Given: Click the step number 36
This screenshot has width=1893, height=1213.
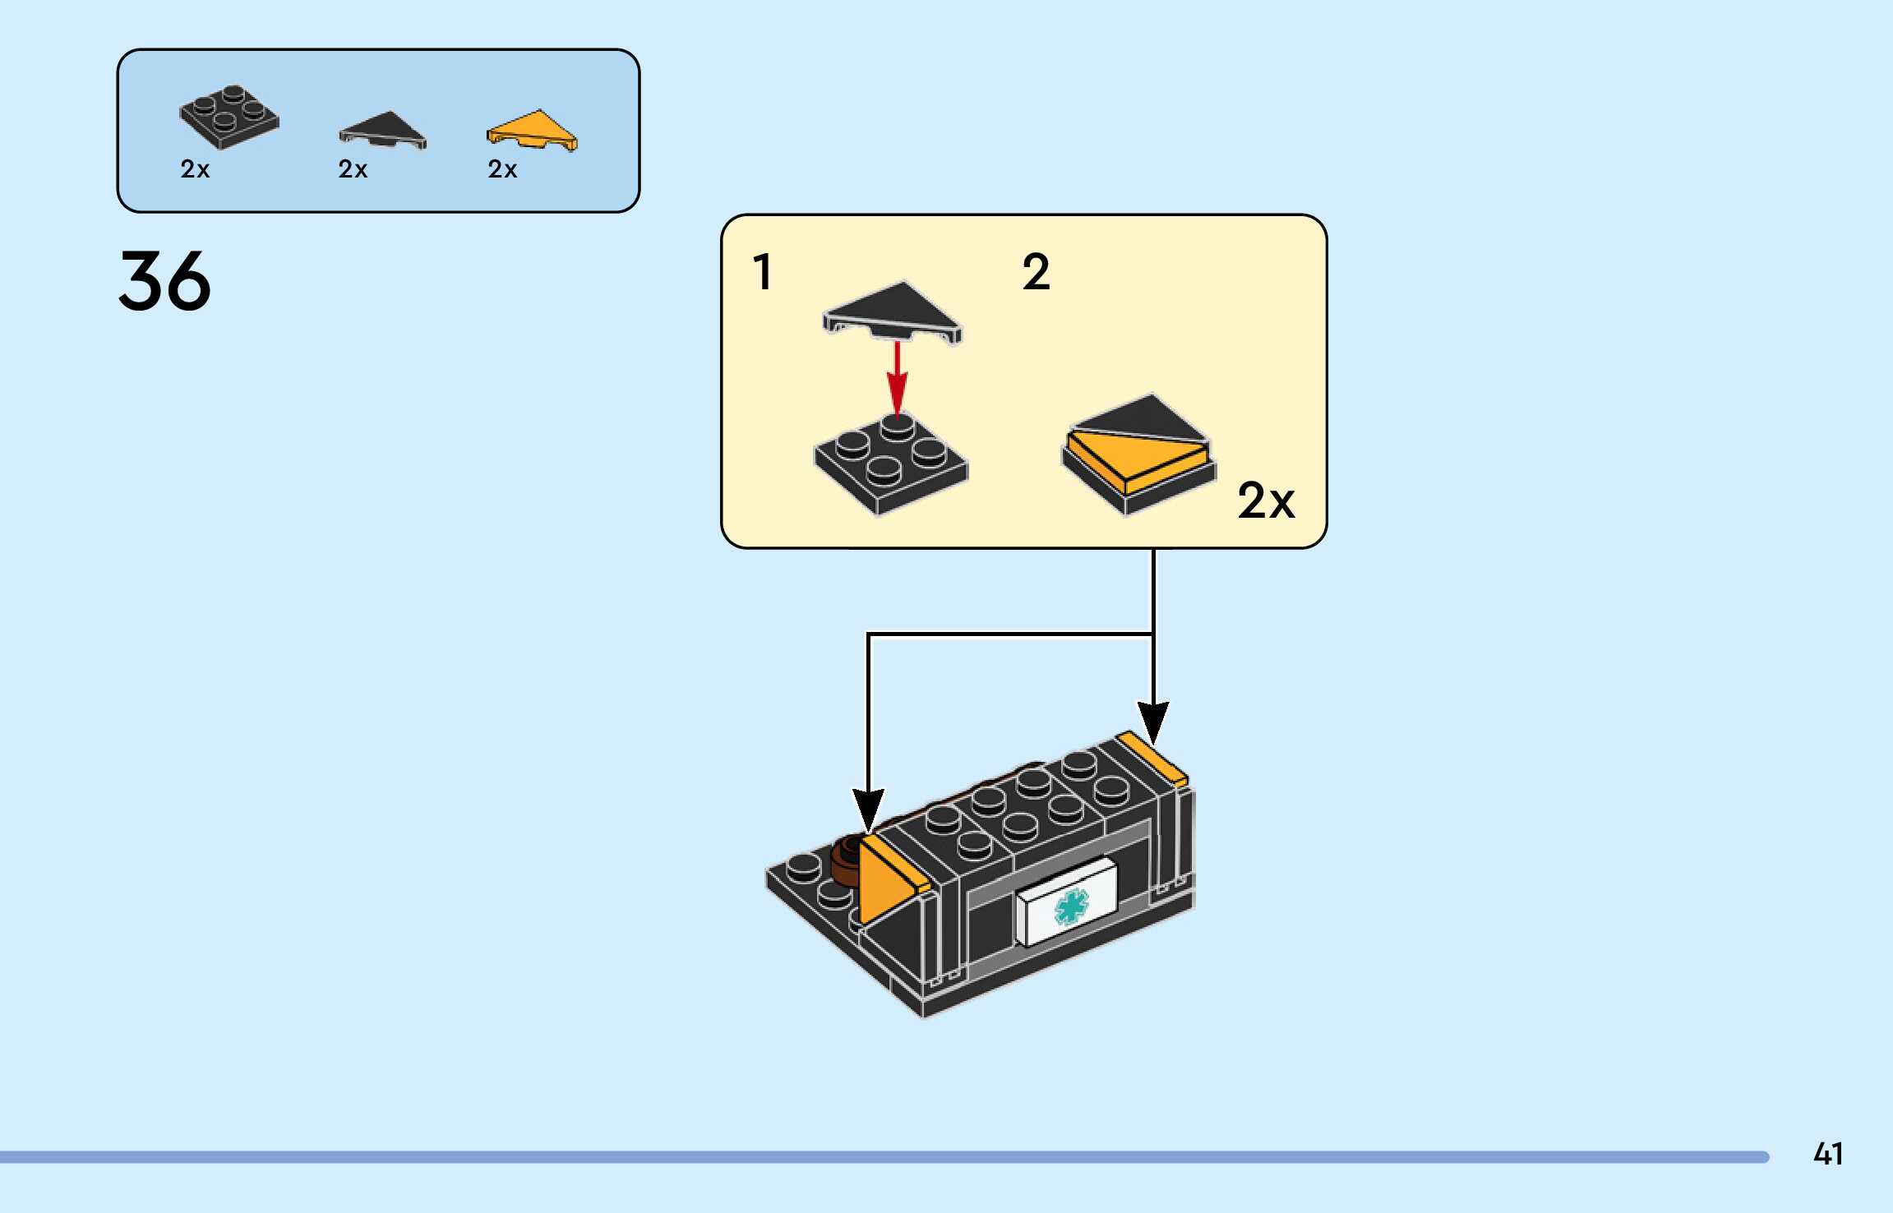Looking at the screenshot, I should [x=164, y=281].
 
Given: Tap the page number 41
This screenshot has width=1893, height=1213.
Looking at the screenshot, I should [x=1827, y=1155].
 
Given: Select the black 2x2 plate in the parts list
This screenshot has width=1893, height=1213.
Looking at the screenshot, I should [x=229, y=118].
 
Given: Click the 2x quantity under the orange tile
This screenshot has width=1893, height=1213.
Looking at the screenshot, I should [x=502, y=169].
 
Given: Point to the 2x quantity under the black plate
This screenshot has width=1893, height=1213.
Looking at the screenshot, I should [x=195, y=169].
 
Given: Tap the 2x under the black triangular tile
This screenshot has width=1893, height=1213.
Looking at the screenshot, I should [x=353, y=169].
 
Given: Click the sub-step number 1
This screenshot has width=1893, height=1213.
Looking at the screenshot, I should [x=763, y=272].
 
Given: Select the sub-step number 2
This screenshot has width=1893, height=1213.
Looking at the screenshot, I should [x=1036, y=272].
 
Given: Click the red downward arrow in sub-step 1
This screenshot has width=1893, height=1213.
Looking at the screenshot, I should [x=897, y=378].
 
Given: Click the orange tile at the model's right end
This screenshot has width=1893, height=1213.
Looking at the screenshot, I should [x=1152, y=756].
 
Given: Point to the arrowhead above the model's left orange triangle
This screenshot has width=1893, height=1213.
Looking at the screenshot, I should [x=868, y=809].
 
